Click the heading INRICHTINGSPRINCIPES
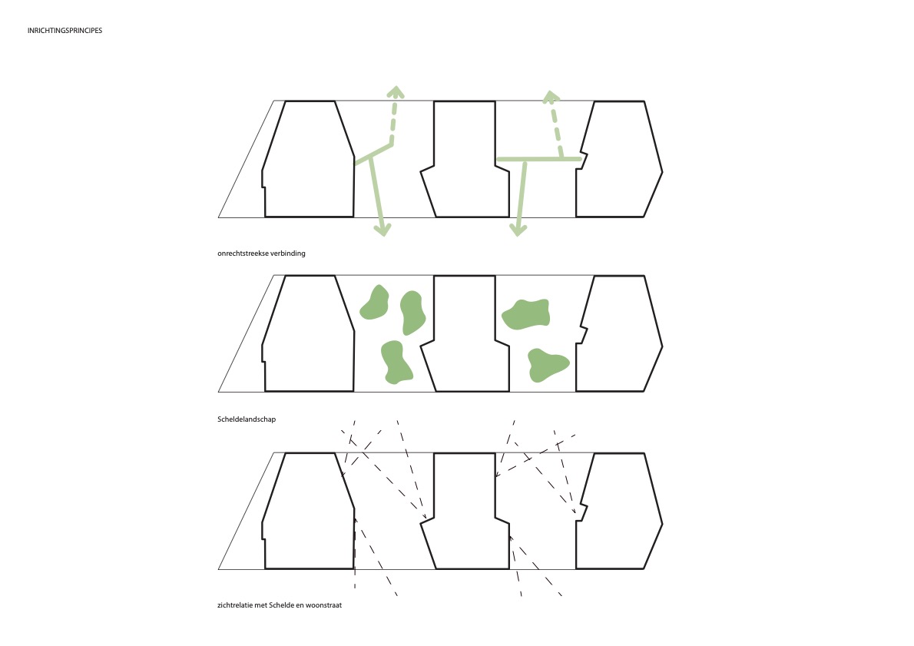tap(65, 30)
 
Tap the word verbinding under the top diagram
tap(288, 253)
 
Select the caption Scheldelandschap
tap(247, 419)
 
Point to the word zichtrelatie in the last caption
tap(235, 605)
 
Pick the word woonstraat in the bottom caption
tap(324, 605)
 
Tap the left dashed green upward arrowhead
tap(396, 92)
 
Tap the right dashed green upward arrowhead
tap(551, 97)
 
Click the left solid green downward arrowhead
tap(382, 229)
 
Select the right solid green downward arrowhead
tap(518, 229)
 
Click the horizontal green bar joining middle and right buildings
tap(538, 159)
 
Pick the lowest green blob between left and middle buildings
tap(396, 362)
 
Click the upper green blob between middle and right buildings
tap(526, 313)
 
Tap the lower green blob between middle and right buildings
tap(547, 365)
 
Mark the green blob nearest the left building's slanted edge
tap(374, 303)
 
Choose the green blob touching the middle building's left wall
tap(412, 313)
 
